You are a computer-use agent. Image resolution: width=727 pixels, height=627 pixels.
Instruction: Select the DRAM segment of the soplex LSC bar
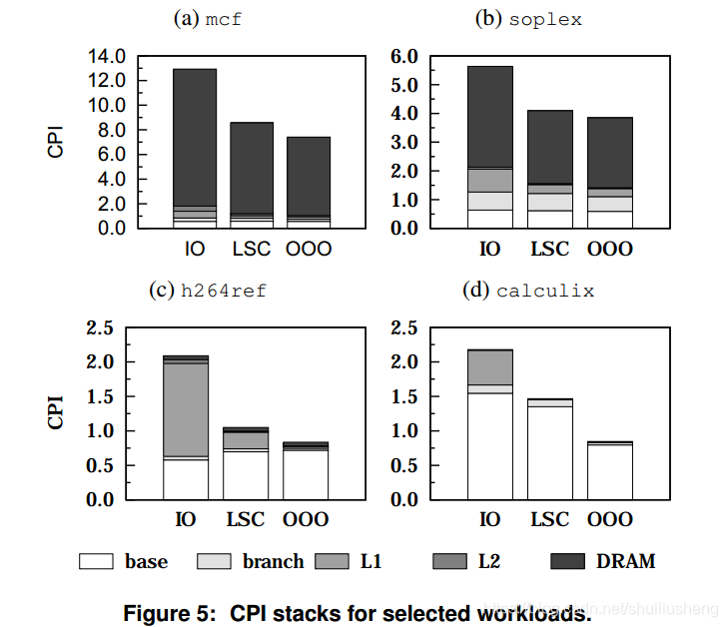[x=551, y=146]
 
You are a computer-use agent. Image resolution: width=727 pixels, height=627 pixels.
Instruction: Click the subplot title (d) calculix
[x=530, y=291]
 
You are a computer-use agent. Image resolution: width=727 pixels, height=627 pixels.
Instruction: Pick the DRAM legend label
[x=625, y=561]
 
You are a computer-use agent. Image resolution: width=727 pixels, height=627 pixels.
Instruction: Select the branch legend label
[x=273, y=561]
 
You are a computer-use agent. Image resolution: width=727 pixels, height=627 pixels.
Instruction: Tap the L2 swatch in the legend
[x=449, y=561]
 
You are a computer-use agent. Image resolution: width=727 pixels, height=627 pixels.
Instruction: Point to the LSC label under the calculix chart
[x=550, y=519]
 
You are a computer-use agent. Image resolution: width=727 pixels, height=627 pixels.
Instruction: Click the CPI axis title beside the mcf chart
[x=57, y=141]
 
